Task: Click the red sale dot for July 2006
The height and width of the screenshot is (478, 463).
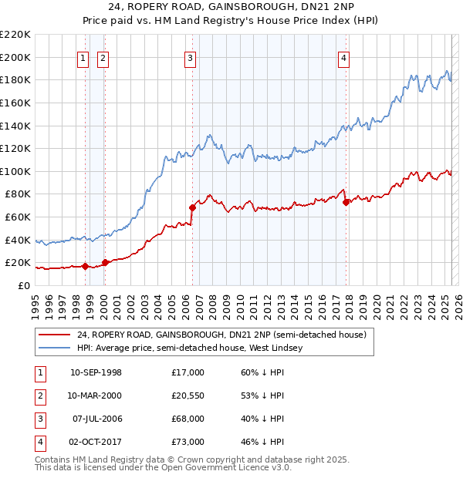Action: (x=192, y=207)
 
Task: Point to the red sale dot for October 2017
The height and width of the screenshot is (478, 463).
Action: (x=346, y=202)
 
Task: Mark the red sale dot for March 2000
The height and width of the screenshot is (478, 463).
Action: (x=105, y=262)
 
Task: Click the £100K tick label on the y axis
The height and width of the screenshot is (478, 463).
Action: (x=15, y=171)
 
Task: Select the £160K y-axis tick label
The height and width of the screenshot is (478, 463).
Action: (x=15, y=103)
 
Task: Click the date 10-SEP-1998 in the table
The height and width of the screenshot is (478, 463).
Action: (x=96, y=373)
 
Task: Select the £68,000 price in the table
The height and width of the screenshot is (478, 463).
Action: (x=188, y=419)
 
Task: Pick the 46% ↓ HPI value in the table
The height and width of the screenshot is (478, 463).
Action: (x=263, y=443)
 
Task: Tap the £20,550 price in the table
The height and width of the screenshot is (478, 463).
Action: (x=188, y=396)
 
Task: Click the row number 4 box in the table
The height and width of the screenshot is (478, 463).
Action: (x=39, y=443)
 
